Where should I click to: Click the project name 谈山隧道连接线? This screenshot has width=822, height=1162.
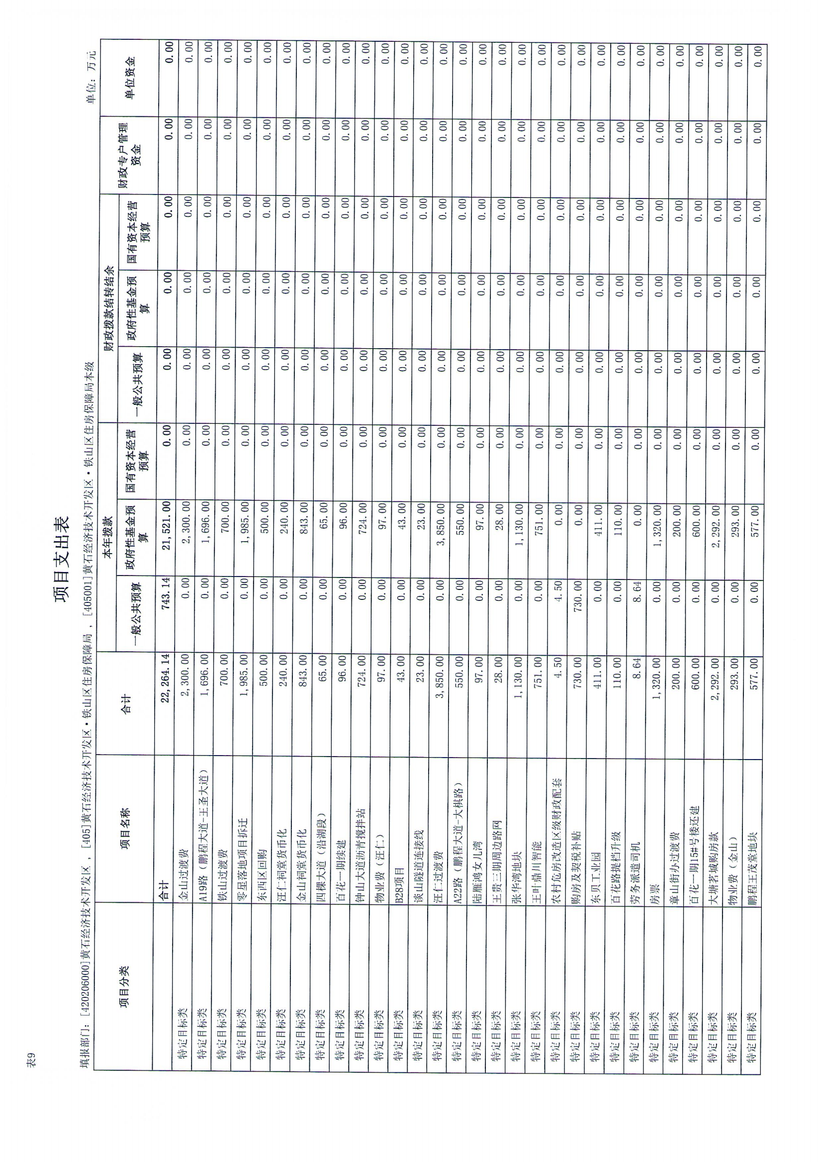pyautogui.click(x=419, y=867)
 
